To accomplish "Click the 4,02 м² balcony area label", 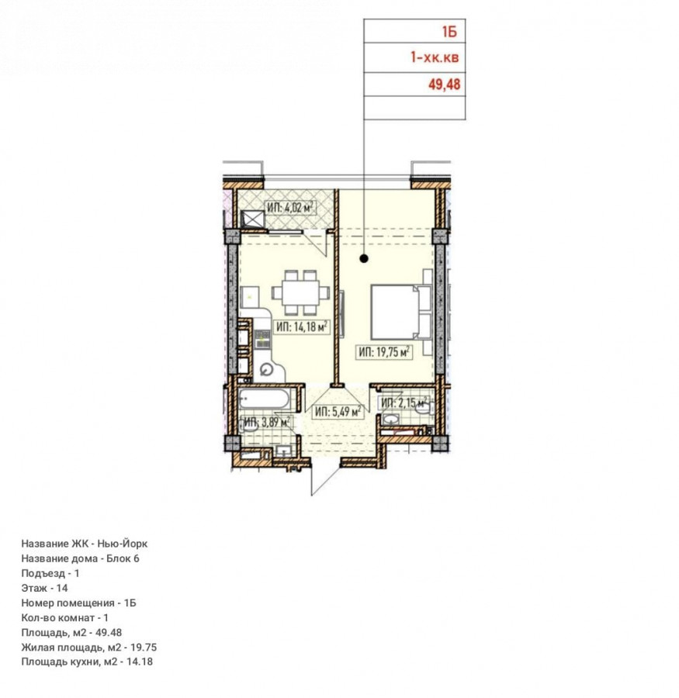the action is [291, 208].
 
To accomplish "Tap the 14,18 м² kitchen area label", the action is [302, 327].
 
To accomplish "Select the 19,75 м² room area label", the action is [383, 352].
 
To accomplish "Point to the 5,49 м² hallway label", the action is [338, 412].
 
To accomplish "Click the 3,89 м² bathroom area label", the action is [267, 422].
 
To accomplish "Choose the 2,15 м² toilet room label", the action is [404, 403].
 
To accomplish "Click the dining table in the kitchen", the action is [301, 293].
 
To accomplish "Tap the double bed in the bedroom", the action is [401, 312].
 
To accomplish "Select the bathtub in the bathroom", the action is [264, 399].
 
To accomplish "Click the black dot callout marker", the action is [364, 258].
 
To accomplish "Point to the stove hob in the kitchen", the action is [262, 339].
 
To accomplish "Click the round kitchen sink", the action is [266, 369].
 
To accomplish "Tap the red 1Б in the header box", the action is [449, 32].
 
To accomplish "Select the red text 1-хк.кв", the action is [435, 57].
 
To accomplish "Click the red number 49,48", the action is [444, 84].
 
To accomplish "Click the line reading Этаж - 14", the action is [44, 588].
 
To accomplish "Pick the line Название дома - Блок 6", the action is [80, 558].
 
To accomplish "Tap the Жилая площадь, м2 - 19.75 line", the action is [89, 648].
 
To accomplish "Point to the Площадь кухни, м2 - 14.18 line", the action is [87, 662].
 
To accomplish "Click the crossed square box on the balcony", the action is [253, 219].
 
